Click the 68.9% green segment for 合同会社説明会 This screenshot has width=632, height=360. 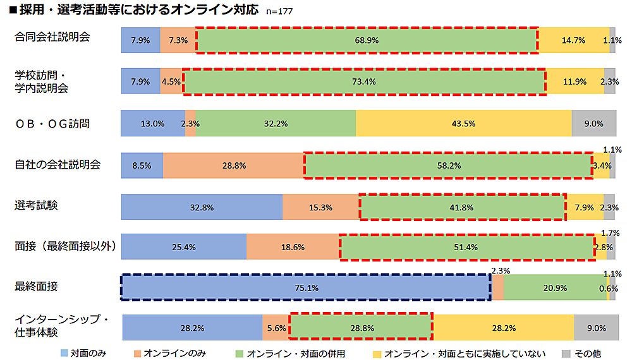tap(367, 40)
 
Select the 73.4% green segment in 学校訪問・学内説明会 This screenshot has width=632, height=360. tap(365, 81)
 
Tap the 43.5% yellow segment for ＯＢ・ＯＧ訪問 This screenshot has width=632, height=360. tap(463, 123)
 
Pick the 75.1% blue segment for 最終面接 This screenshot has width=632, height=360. tap(306, 287)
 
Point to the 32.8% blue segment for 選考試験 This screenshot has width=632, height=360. tap(202, 207)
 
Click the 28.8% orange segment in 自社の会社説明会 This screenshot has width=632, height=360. tap(233, 165)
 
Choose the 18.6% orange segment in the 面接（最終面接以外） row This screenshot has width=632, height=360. tap(293, 247)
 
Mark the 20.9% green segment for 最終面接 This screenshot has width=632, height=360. tap(555, 287)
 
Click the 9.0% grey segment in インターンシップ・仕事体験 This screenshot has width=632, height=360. tap(595, 328)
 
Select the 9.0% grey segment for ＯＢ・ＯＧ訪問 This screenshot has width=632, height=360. tap(593, 123)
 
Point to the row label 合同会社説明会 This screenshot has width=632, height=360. tap(52, 37)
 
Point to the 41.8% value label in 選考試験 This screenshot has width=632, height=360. tap(462, 207)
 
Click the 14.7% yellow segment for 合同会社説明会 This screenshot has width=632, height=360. tap(573, 40)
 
